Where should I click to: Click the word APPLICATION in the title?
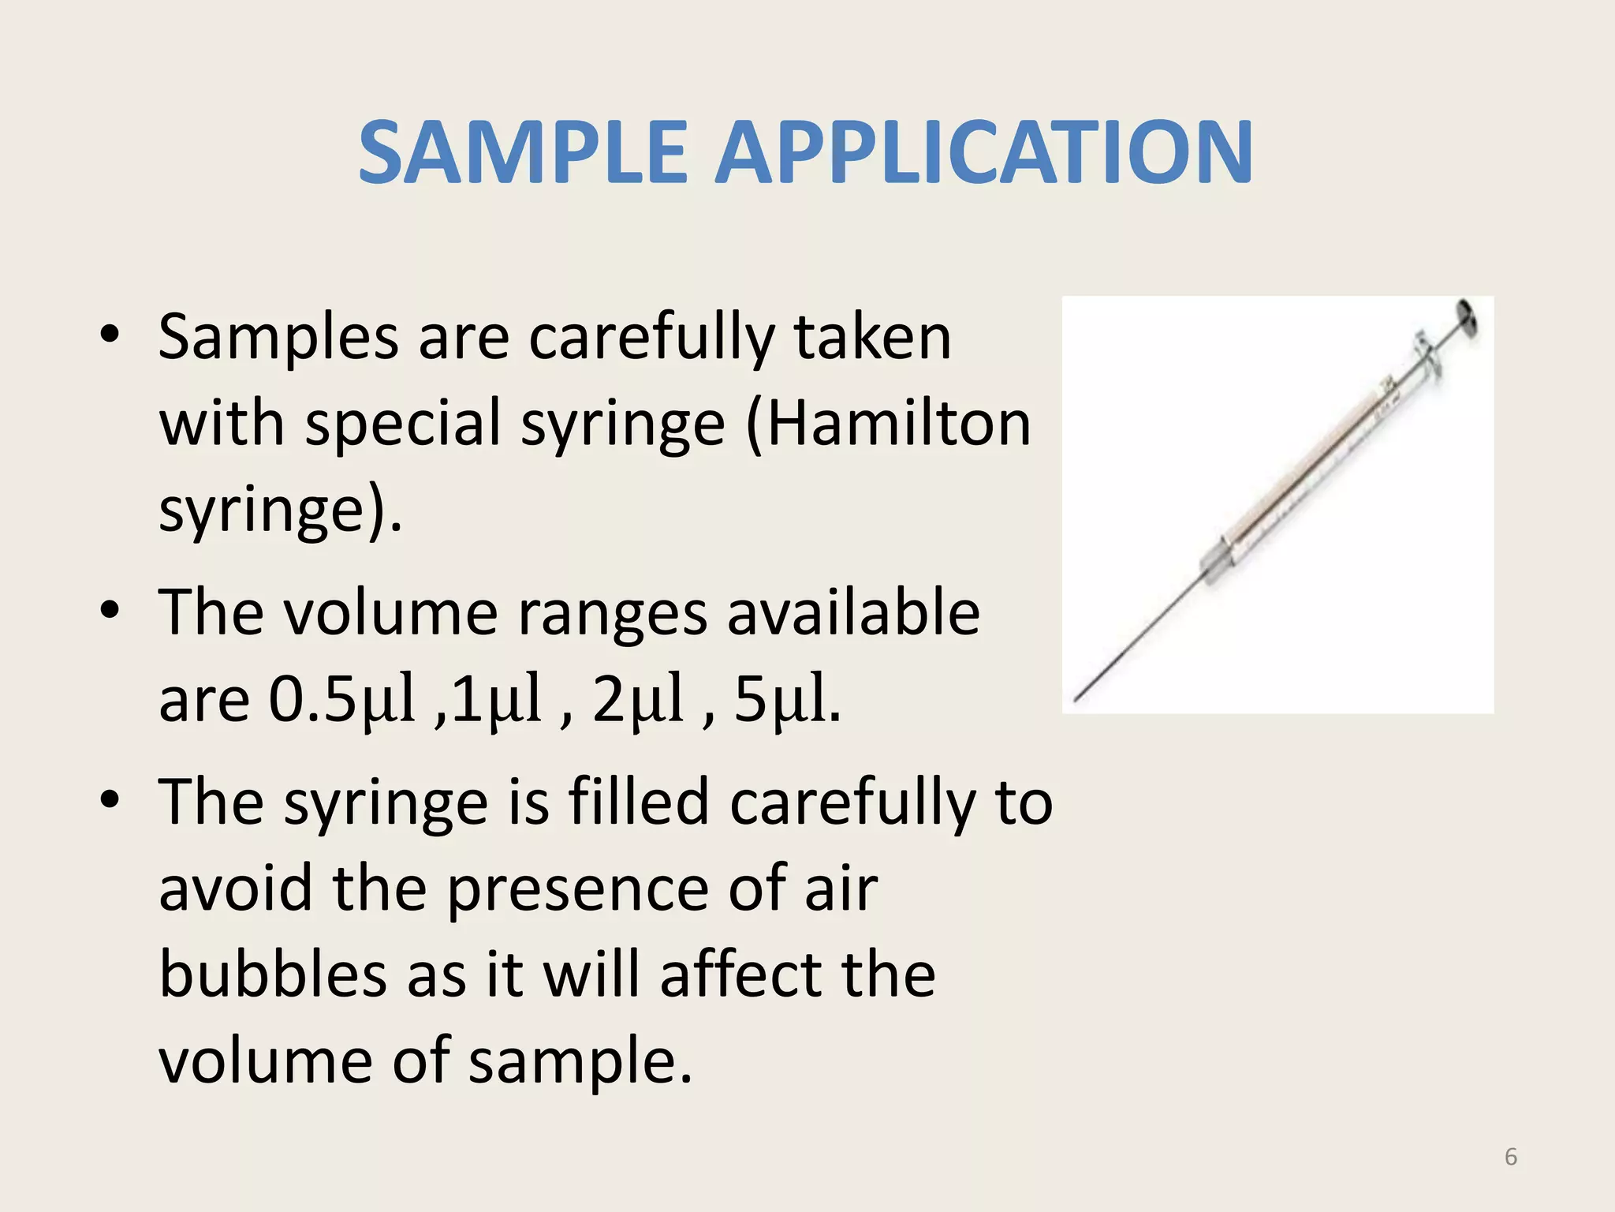[983, 151]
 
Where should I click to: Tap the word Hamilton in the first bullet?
[898, 424]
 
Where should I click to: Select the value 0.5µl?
[341, 698]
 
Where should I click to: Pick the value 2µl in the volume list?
[637, 698]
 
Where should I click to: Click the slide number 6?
[1511, 1157]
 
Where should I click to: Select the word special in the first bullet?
[403, 424]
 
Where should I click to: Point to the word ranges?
[611, 613]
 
